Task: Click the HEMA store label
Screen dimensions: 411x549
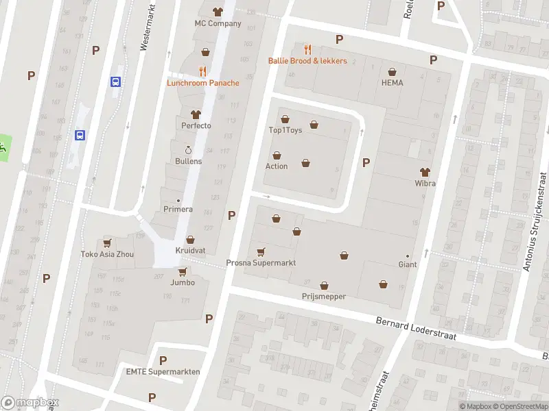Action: click(392, 83)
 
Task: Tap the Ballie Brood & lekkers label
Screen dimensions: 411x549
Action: click(307, 61)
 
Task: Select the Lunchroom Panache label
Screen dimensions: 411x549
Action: click(203, 83)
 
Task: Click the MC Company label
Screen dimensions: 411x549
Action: click(218, 23)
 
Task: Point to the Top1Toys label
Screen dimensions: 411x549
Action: click(285, 130)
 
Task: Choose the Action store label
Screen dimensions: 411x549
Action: click(277, 166)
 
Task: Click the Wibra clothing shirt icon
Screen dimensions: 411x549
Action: click(425, 171)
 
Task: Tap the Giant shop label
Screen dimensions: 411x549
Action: click(408, 264)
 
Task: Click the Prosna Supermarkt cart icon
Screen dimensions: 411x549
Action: click(261, 252)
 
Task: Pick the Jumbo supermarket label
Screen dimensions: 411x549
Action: click(183, 282)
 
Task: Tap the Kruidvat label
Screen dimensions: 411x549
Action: click(189, 250)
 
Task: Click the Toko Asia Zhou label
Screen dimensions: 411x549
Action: click(107, 254)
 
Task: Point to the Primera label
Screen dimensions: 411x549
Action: click(178, 209)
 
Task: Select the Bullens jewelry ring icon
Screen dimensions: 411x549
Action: click(188, 150)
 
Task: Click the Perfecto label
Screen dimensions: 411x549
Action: click(196, 125)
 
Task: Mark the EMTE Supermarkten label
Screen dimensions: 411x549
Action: click(163, 371)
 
